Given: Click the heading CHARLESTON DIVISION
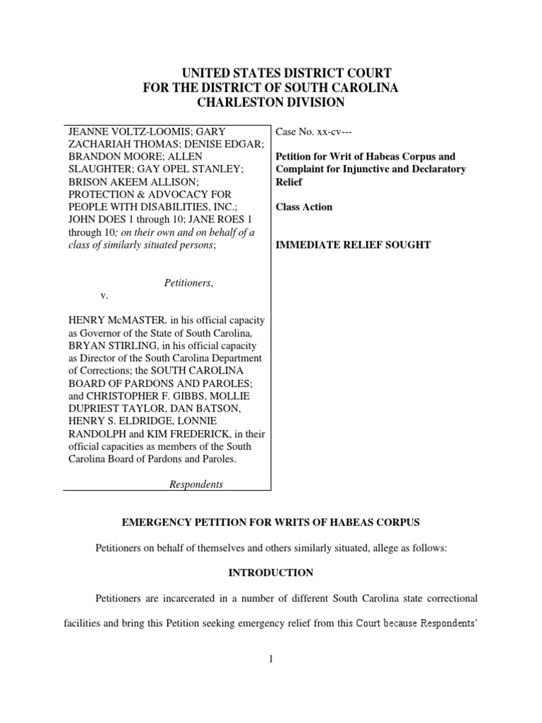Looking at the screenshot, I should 271,102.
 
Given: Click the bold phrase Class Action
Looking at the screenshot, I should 304,207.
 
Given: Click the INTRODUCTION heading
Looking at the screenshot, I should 271,572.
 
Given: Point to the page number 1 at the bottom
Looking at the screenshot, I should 271,660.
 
